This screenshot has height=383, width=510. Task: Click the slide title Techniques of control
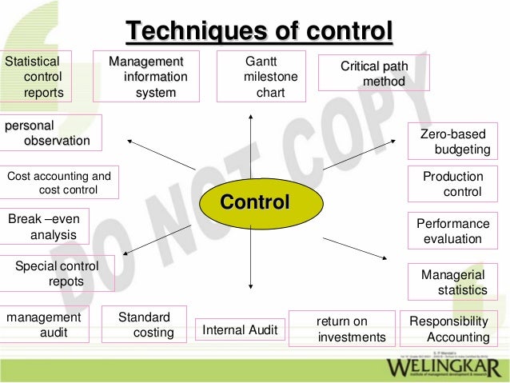[x=258, y=31]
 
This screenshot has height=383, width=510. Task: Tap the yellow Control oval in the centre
[x=254, y=201]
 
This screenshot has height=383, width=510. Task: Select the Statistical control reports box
[x=37, y=77]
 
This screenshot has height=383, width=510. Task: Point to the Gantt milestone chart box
[x=261, y=77]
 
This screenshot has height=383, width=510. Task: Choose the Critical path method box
[x=374, y=73]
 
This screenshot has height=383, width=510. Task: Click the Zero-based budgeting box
[x=452, y=142]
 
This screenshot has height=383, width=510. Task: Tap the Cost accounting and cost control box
[x=60, y=182]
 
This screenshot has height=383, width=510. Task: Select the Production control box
[x=452, y=184]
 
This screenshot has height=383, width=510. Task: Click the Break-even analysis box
[x=45, y=226]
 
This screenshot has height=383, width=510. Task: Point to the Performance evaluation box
[x=452, y=231]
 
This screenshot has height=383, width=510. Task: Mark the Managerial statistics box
[x=452, y=281]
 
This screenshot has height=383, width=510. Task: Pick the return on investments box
[x=341, y=329]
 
